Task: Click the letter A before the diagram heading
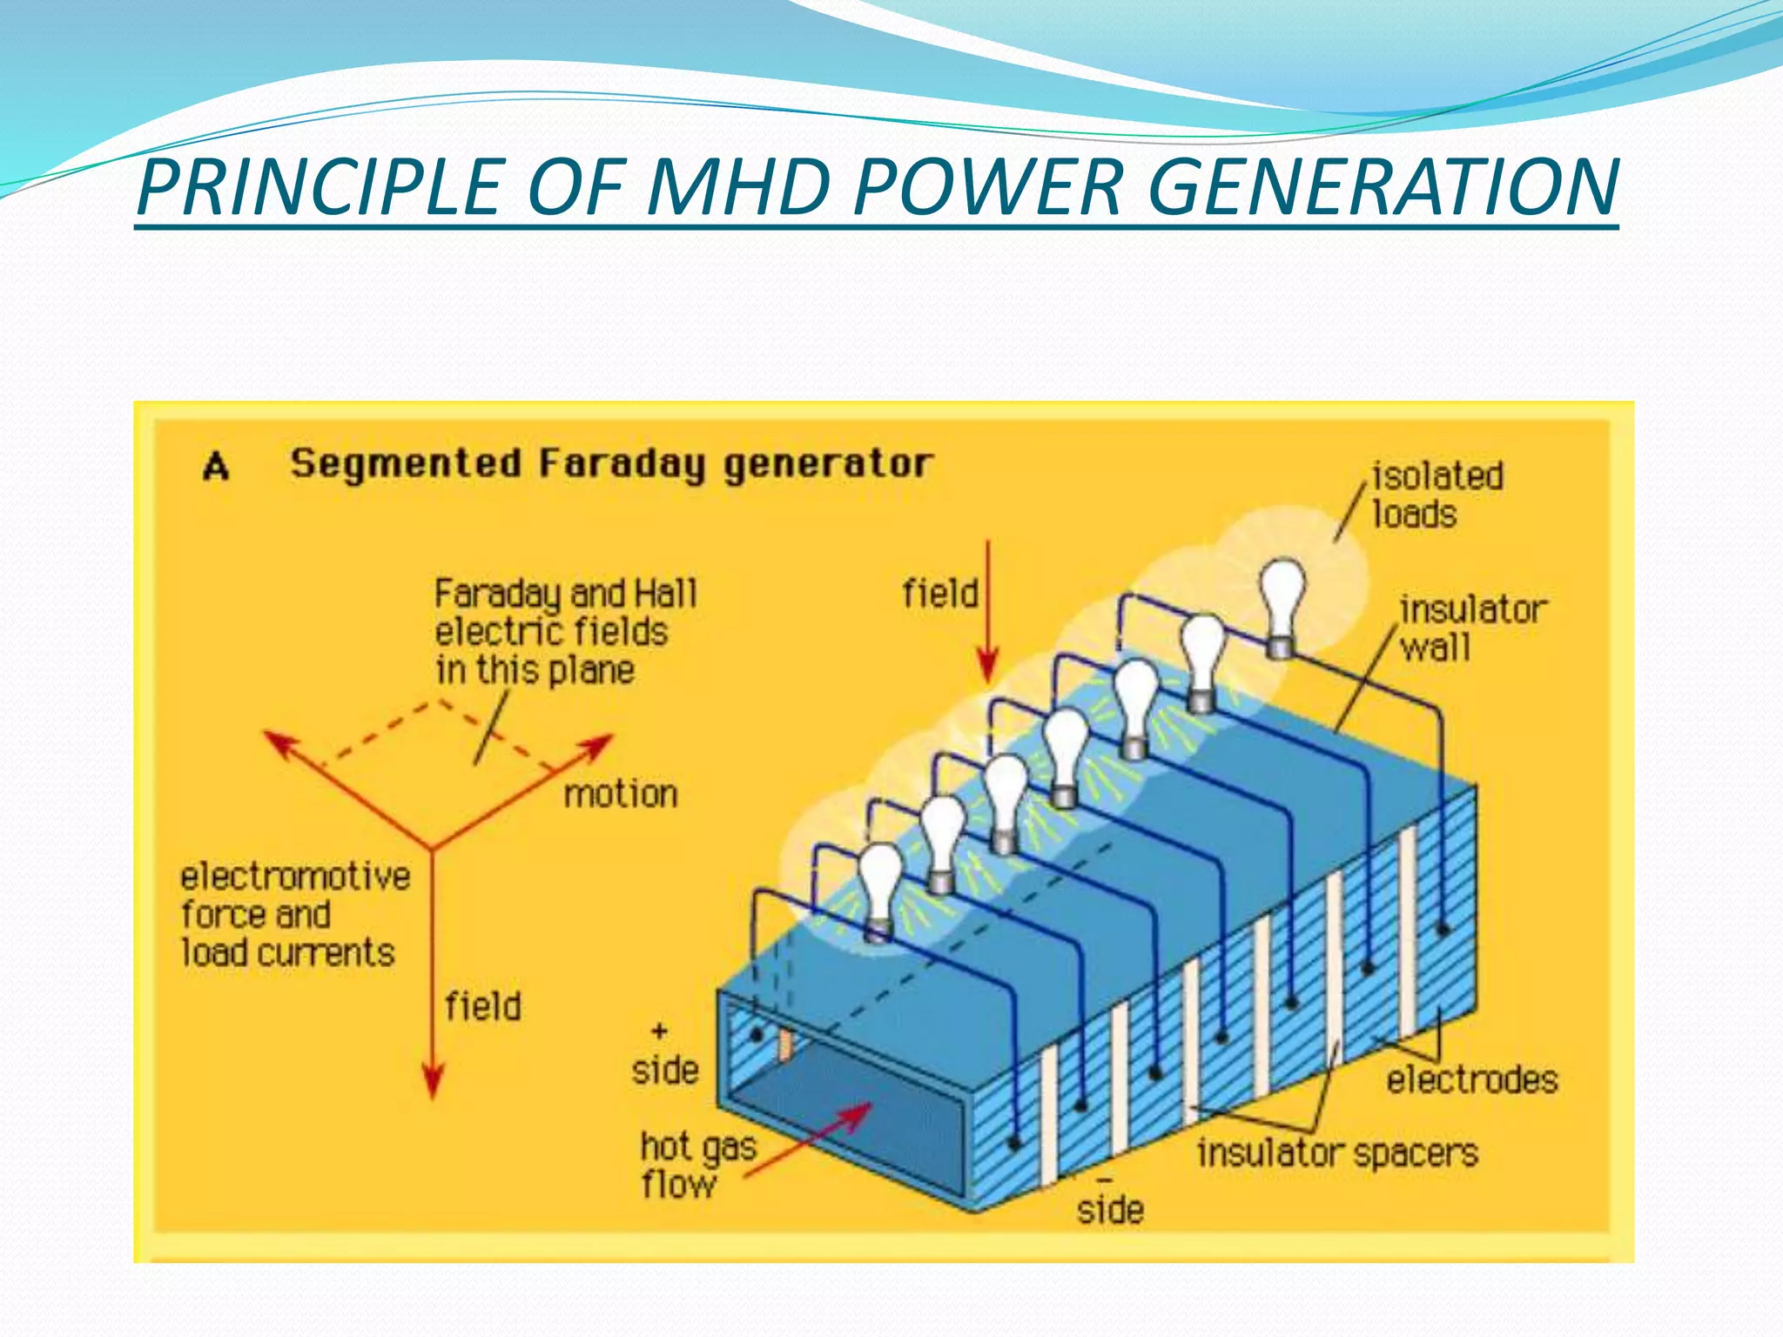tap(216, 467)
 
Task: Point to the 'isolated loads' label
tap(1436, 495)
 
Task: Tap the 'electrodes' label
tap(1471, 1080)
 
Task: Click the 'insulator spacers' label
tap(1337, 1153)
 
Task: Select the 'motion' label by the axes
tap(620, 794)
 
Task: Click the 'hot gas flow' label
tap(696, 1166)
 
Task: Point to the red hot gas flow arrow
tap(810, 1139)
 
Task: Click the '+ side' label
tap(664, 1055)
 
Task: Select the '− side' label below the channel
tap(1109, 1199)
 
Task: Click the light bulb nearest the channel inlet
tap(879, 888)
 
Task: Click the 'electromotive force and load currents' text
tap(294, 914)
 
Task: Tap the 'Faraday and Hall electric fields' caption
tap(564, 632)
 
